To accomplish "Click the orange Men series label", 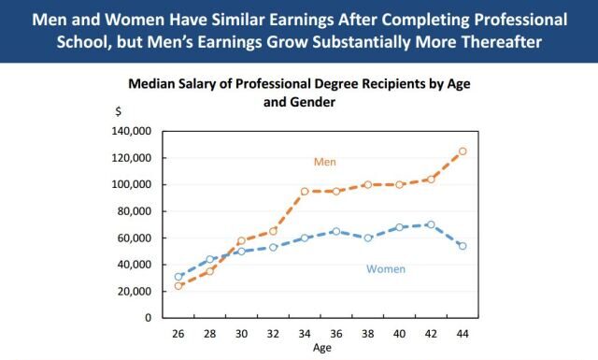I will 324,162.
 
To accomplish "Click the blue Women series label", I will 384,269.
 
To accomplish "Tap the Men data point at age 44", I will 463,151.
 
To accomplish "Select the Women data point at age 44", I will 463,246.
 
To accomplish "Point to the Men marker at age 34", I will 305,192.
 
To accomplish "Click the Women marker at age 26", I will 178,277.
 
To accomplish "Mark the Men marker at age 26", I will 178,285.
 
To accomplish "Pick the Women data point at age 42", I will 431,224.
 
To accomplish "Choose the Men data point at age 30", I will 241,241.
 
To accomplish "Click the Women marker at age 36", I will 335,231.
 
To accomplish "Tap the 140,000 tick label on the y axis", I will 131,131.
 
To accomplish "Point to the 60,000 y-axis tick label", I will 134,238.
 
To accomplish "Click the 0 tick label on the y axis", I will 148,318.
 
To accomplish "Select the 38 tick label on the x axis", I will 368,333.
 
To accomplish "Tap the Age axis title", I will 320,347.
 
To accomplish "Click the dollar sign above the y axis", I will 118,111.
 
